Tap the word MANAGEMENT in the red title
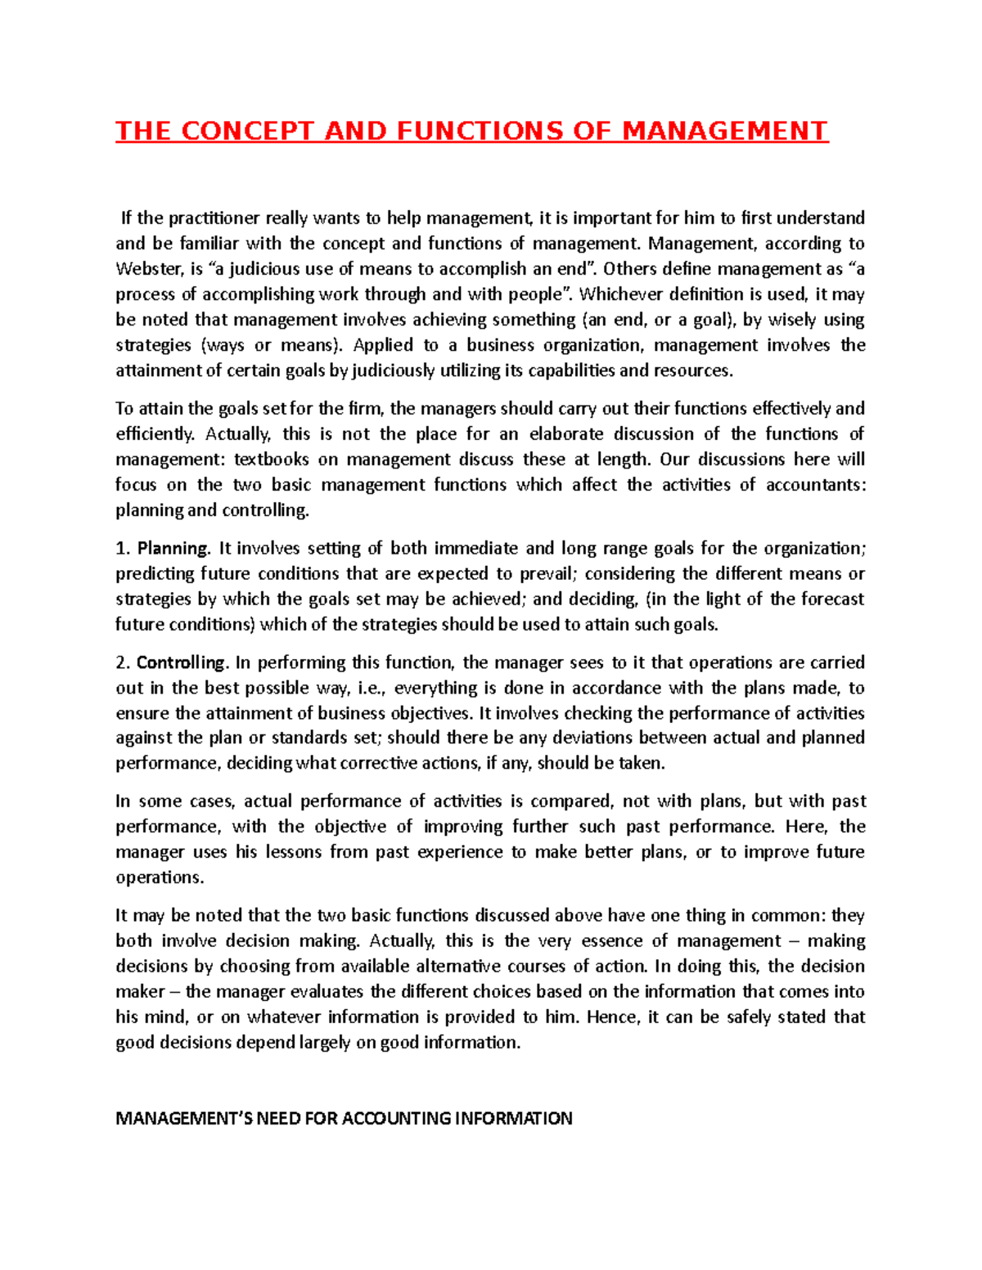point(724,131)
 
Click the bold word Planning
point(173,548)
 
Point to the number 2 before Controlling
point(120,662)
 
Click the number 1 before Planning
point(120,548)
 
